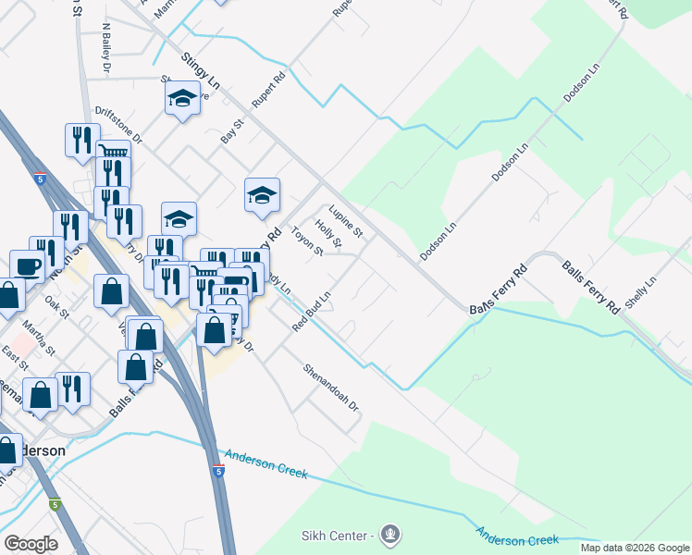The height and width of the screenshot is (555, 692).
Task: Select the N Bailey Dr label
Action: click(x=106, y=48)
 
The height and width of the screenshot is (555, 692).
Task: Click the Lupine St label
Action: click(x=346, y=219)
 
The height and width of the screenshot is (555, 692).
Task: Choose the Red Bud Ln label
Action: click(x=312, y=313)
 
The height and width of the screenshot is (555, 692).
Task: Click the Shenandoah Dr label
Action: click(x=331, y=387)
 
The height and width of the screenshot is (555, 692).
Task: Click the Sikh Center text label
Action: click(x=338, y=536)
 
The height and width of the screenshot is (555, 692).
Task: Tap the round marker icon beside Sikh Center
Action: click(x=390, y=535)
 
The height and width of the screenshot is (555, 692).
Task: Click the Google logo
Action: click(x=31, y=544)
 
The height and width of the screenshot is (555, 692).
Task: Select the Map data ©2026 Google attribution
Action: click(x=635, y=548)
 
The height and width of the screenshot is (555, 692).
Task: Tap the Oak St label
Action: click(x=58, y=306)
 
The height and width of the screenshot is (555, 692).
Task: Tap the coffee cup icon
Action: click(x=27, y=266)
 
